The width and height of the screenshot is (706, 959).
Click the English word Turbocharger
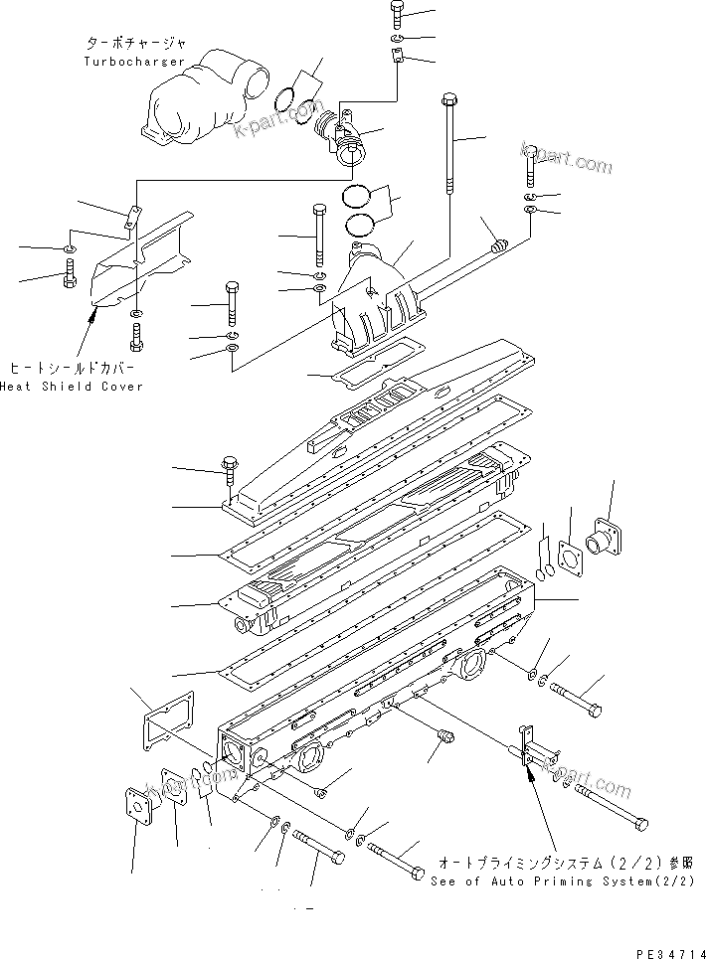point(133,62)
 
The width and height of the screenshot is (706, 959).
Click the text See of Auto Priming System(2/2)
point(561,880)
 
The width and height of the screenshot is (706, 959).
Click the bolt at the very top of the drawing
point(396,13)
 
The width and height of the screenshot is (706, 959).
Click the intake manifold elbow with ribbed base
point(373,298)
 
